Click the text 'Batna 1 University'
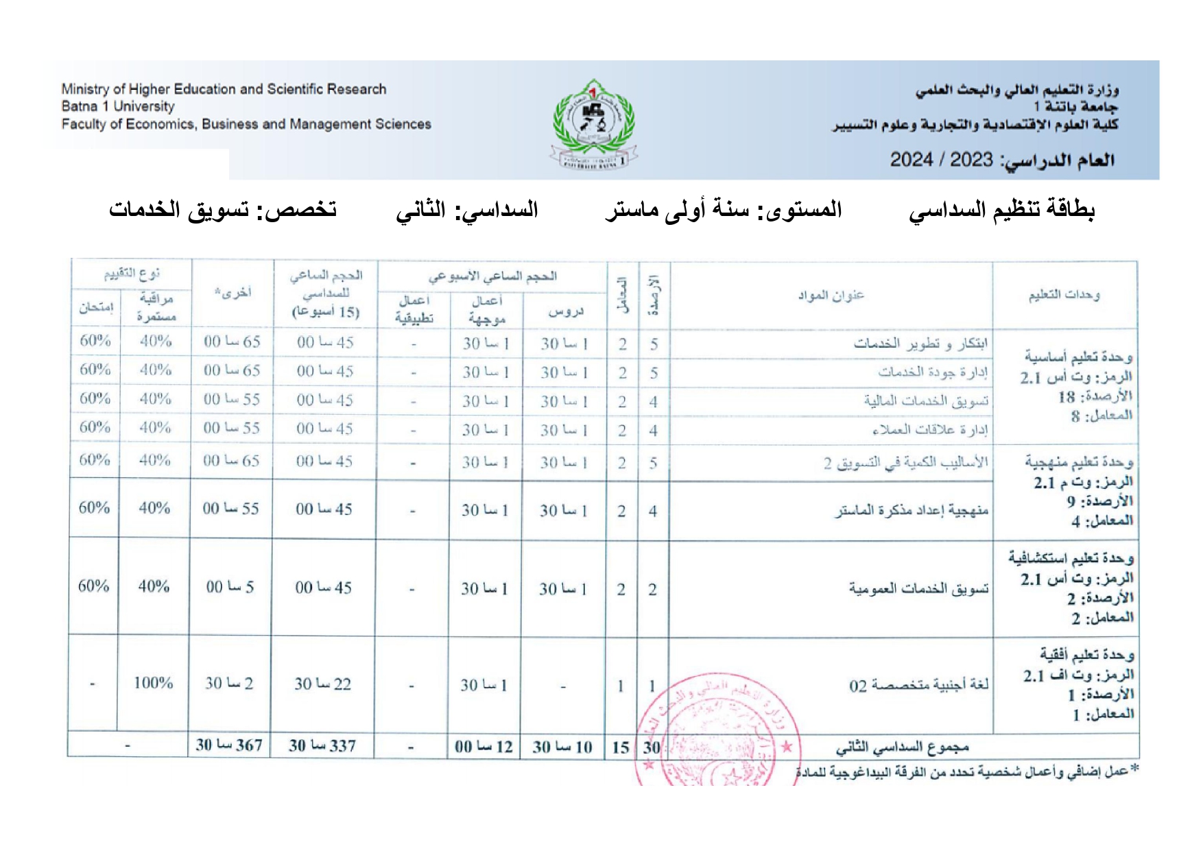(118, 106)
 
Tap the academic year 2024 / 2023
(941, 160)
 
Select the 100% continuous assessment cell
(153, 683)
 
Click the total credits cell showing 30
(652, 747)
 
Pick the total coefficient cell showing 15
(621, 747)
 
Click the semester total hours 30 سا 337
(322, 746)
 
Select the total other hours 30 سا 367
(229, 745)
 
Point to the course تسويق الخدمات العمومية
(918, 588)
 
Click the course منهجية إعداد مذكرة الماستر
(912, 510)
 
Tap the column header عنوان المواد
(831, 296)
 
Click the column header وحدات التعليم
(1064, 296)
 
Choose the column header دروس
(565, 312)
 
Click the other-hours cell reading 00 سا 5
(230, 587)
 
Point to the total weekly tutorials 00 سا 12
(484, 747)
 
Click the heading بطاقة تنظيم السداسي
(1002, 210)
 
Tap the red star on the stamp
(787, 746)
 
